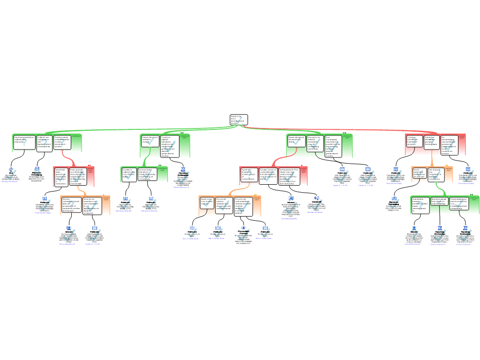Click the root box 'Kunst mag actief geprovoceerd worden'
[x=238, y=120]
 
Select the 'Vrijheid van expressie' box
[x=44, y=142]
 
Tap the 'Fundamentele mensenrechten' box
[x=62, y=142]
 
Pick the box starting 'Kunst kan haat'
[x=61, y=177]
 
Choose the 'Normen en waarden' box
[x=92, y=205]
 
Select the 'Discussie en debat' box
[x=315, y=143]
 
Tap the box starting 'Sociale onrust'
[x=268, y=175]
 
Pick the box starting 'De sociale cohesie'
[x=224, y=205]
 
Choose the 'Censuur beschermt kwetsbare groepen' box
[x=415, y=141]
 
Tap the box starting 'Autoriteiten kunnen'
[x=420, y=205]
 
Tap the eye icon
[x=243, y=228]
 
